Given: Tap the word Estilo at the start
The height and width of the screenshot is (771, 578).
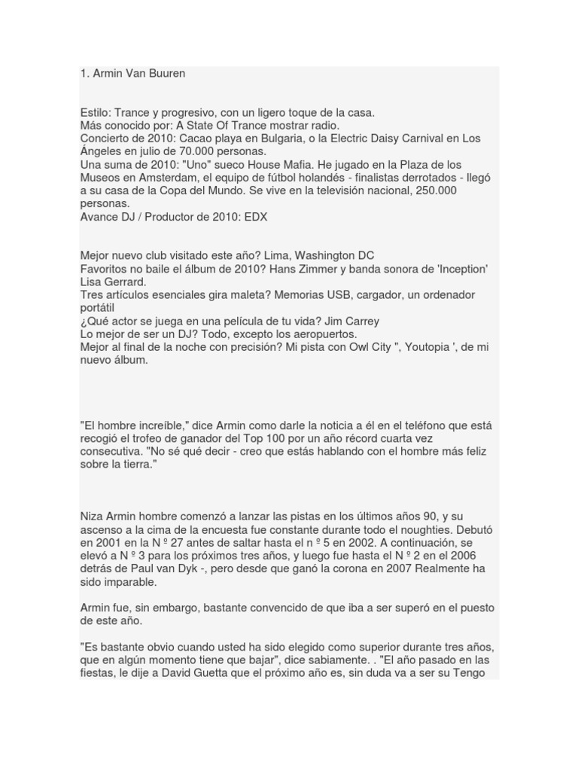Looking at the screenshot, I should tap(96, 112).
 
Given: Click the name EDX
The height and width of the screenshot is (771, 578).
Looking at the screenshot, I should tap(254, 217).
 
